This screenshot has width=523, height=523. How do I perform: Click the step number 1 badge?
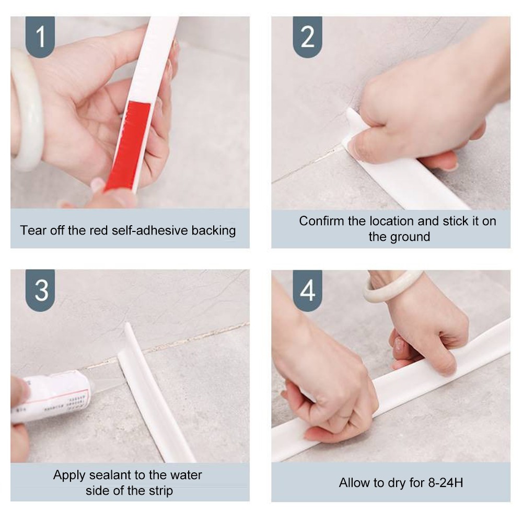point(40,37)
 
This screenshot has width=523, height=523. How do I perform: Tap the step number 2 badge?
point(307,37)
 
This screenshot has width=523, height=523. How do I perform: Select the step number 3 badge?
point(40,290)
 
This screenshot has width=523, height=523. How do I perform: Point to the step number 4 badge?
point(307,290)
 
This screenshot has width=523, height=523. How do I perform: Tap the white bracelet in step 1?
point(26,110)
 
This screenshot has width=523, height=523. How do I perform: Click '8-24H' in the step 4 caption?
point(446,483)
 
